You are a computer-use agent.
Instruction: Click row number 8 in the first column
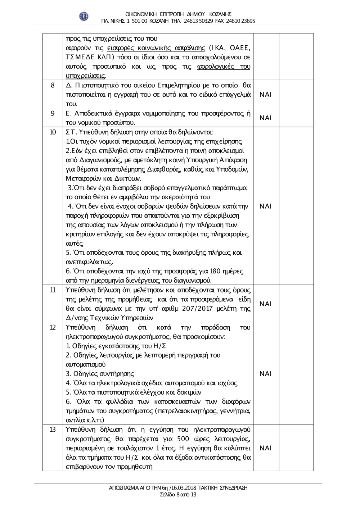pyautogui.click(x=53, y=85)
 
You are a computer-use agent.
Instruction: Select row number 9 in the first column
pyautogui.click(x=53, y=113)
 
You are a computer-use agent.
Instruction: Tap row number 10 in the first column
pyautogui.click(x=53, y=132)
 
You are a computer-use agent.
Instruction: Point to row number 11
pyautogui.click(x=53, y=290)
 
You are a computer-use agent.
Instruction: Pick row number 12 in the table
pyautogui.click(x=53, y=327)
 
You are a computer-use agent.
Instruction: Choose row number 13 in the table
pyautogui.click(x=53, y=429)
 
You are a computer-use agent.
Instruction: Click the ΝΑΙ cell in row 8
pyautogui.click(x=265, y=94)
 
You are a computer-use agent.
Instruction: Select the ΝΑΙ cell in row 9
pyautogui.click(x=265, y=118)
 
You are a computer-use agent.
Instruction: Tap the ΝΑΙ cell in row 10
pyautogui.click(x=265, y=206)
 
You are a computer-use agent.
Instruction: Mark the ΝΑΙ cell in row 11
pyautogui.click(x=265, y=304)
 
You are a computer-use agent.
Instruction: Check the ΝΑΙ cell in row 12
pyautogui.click(x=265, y=374)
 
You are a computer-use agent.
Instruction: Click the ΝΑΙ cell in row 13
pyautogui.click(x=265, y=448)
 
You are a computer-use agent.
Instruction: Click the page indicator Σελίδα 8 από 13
pyautogui.click(x=178, y=494)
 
